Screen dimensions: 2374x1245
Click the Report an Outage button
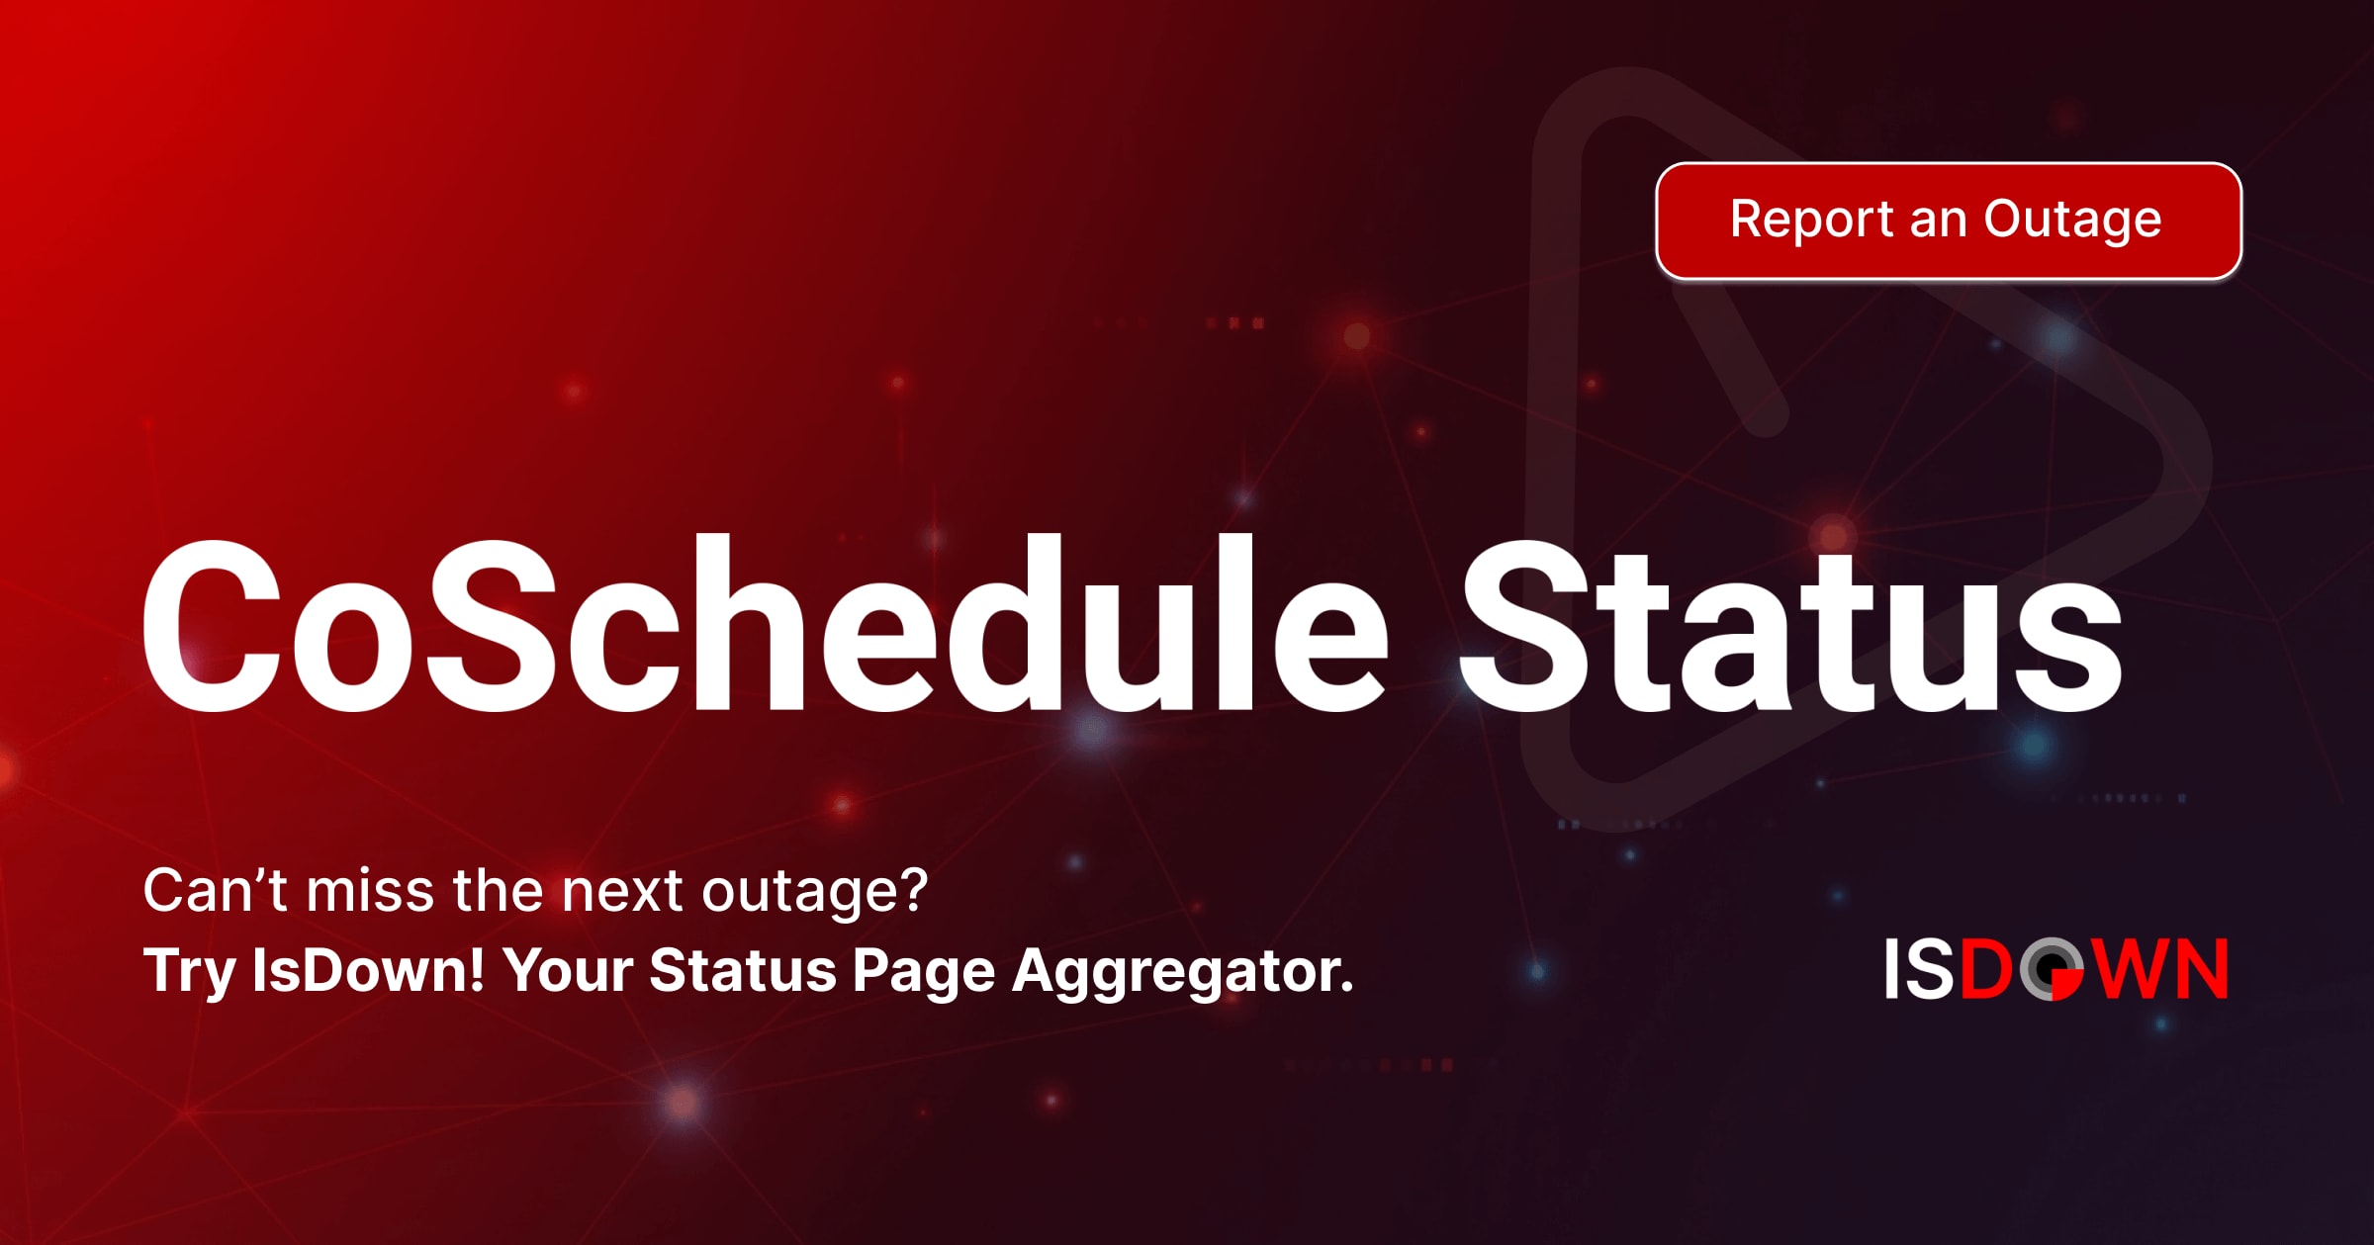point(1949,221)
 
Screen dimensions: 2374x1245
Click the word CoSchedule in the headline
point(767,623)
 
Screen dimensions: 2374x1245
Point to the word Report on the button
point(1812,220)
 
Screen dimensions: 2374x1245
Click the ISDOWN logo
point(2056,969)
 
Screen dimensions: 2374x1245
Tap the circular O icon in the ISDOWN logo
point(2053,969)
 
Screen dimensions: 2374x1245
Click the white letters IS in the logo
point(1919,969)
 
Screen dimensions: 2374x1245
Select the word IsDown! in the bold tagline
point(368,969)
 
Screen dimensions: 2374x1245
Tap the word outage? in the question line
point(815,893)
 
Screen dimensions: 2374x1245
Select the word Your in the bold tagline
point(568,970)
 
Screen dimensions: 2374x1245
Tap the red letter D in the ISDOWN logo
point(1986,969)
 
